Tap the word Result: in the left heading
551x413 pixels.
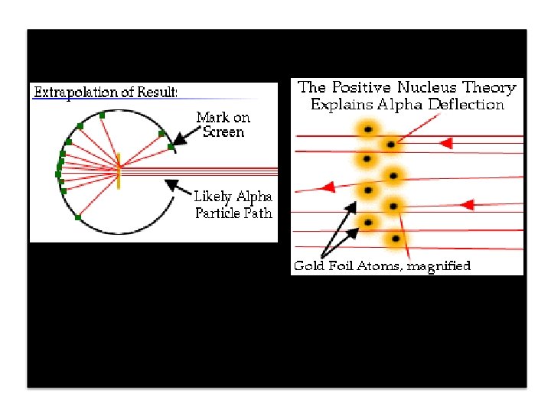click(157, 93)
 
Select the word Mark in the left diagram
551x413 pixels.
click(212, 117)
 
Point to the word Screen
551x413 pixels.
click(223, 132)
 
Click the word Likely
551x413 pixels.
click(213, 197)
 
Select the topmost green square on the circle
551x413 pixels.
click(102, 115)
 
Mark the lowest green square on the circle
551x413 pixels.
click(77, 217)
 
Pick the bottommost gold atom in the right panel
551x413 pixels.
click(396, 239)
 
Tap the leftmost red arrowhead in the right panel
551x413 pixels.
click(327, 187)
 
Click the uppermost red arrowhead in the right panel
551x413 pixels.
click(447, 143)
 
